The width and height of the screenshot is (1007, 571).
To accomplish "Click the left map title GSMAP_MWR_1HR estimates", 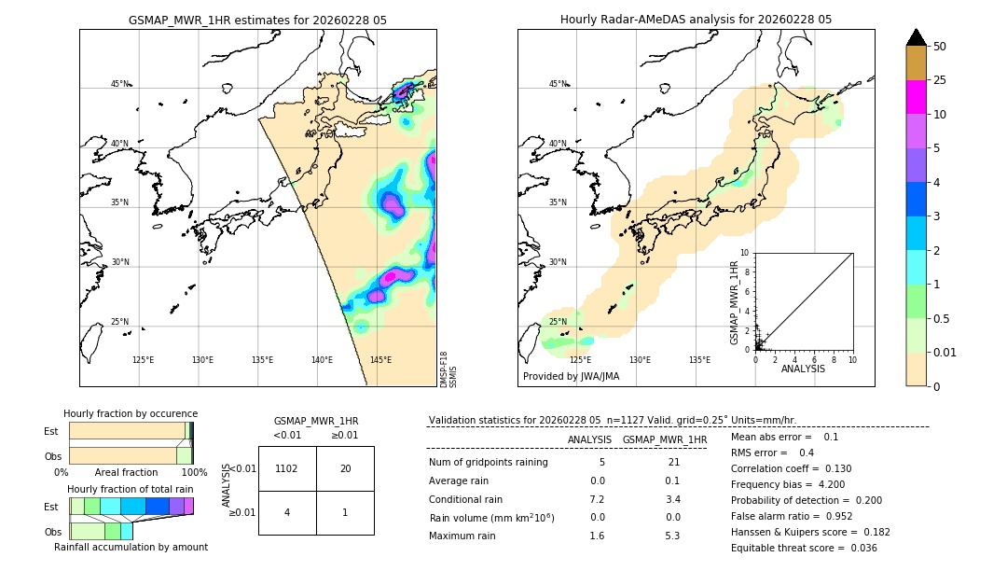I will click(x=257, y=20).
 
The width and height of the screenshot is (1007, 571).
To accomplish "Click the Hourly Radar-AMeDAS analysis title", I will click(x=696, y=20).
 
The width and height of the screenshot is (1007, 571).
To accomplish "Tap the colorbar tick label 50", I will click(x=940, y=47).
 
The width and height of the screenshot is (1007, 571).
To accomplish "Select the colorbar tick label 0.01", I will click(x=945, y=352).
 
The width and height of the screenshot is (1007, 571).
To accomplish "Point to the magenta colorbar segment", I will click(x=917, y=98).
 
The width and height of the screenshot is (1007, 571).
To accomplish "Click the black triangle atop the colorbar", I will click(x=917, y=37).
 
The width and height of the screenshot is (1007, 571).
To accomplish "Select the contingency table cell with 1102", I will click(x=287, y=468).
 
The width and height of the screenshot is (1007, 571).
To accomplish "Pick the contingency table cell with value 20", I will click(x=345, y=468).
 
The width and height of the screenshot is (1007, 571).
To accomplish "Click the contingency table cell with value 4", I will click(x=287, y=512).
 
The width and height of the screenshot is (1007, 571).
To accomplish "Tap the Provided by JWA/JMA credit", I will click(x=571, y=377).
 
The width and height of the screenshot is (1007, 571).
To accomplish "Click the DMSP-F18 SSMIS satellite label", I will click(x=448, y=369).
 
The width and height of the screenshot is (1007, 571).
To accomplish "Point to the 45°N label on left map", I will click(x=119, y=84).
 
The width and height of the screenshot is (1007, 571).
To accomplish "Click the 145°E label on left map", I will click(x=380, y=360).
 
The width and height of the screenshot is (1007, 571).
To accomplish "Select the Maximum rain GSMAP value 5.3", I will click(x=671, y=536).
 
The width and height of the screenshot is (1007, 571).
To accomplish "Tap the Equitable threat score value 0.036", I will click(x=859, y=548).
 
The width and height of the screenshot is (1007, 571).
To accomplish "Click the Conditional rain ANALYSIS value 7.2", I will click(x=597, y=499).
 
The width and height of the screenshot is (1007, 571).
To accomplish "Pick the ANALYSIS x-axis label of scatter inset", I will click(x=802, y=369).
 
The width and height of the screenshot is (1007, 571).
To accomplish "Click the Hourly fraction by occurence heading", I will click(x=131, y=413).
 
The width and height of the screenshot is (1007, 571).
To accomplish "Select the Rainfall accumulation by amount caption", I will click(x=131, y=547).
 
